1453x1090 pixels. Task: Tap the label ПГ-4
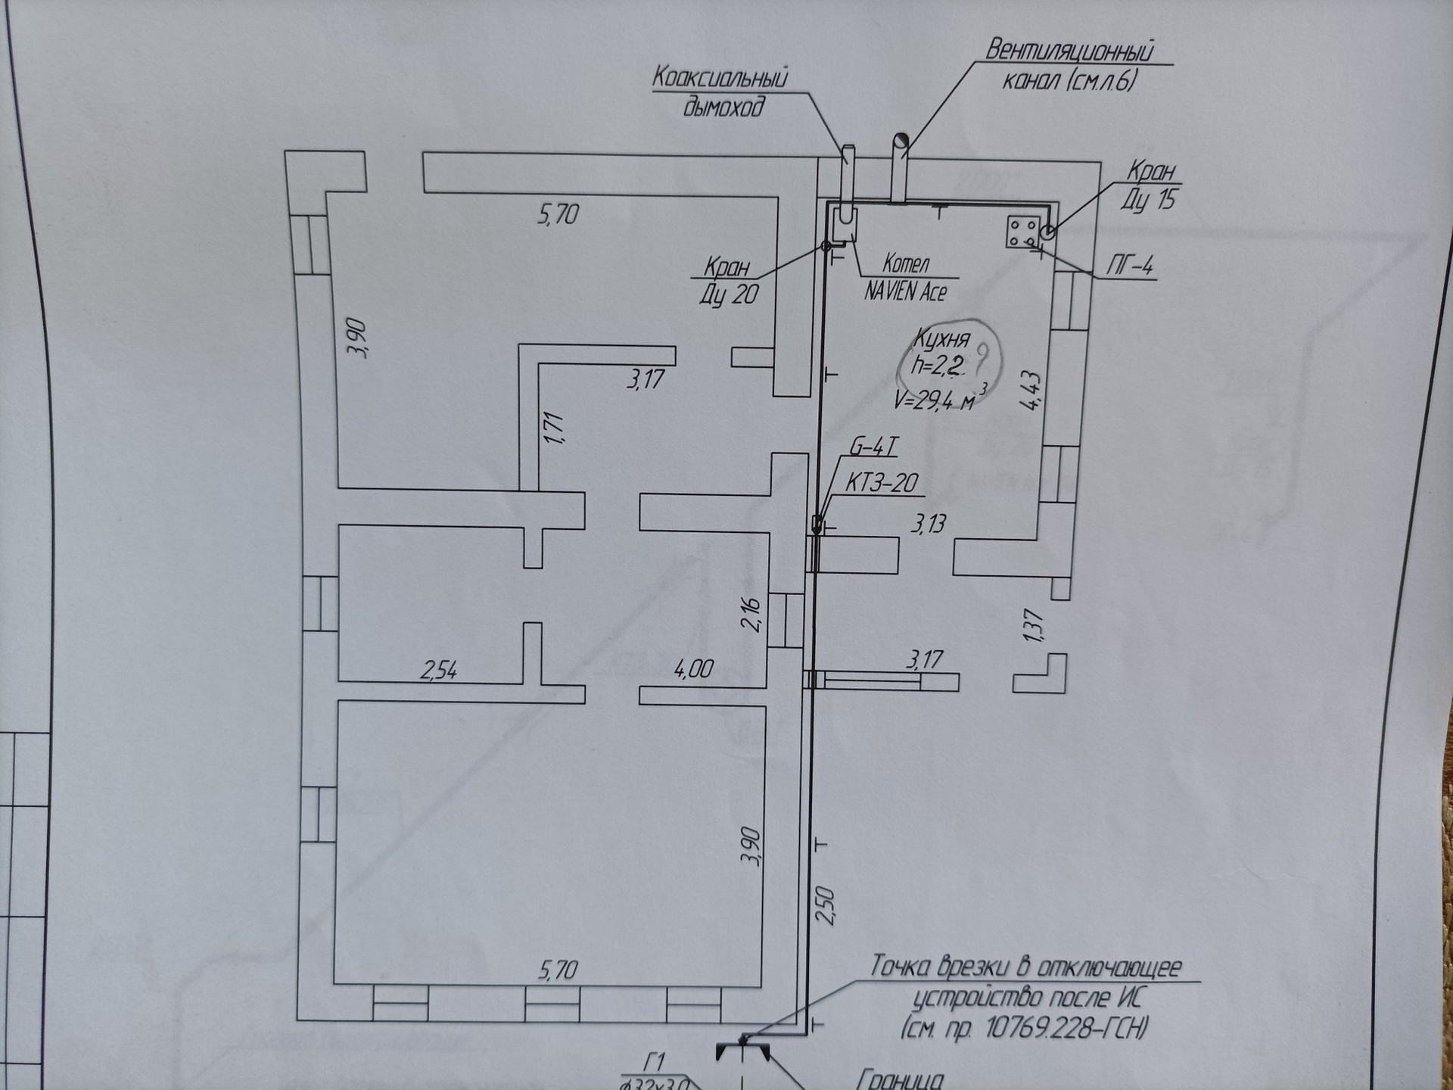click(x=1130, y=266)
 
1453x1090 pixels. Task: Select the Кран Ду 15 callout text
click(x=1149, y=186)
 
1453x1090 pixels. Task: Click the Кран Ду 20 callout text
click(x=728, y=281)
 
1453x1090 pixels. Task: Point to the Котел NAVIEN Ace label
click(x=906, y=277)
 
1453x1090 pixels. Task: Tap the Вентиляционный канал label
click(x=1069, y=65)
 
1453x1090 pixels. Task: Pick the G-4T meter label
click(x=873, y=447)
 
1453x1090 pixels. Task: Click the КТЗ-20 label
click(x=881, y=483)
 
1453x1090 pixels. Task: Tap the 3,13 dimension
click(x=928, y=524)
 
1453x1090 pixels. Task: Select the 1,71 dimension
click(x=555, y=428)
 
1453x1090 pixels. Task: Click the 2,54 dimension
click(x=439, y=671)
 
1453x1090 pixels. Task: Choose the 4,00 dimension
click(x=693, y=668)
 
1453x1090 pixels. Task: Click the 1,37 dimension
click(x=1034, y=626)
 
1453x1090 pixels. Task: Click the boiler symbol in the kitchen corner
click(x=844, y=223)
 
